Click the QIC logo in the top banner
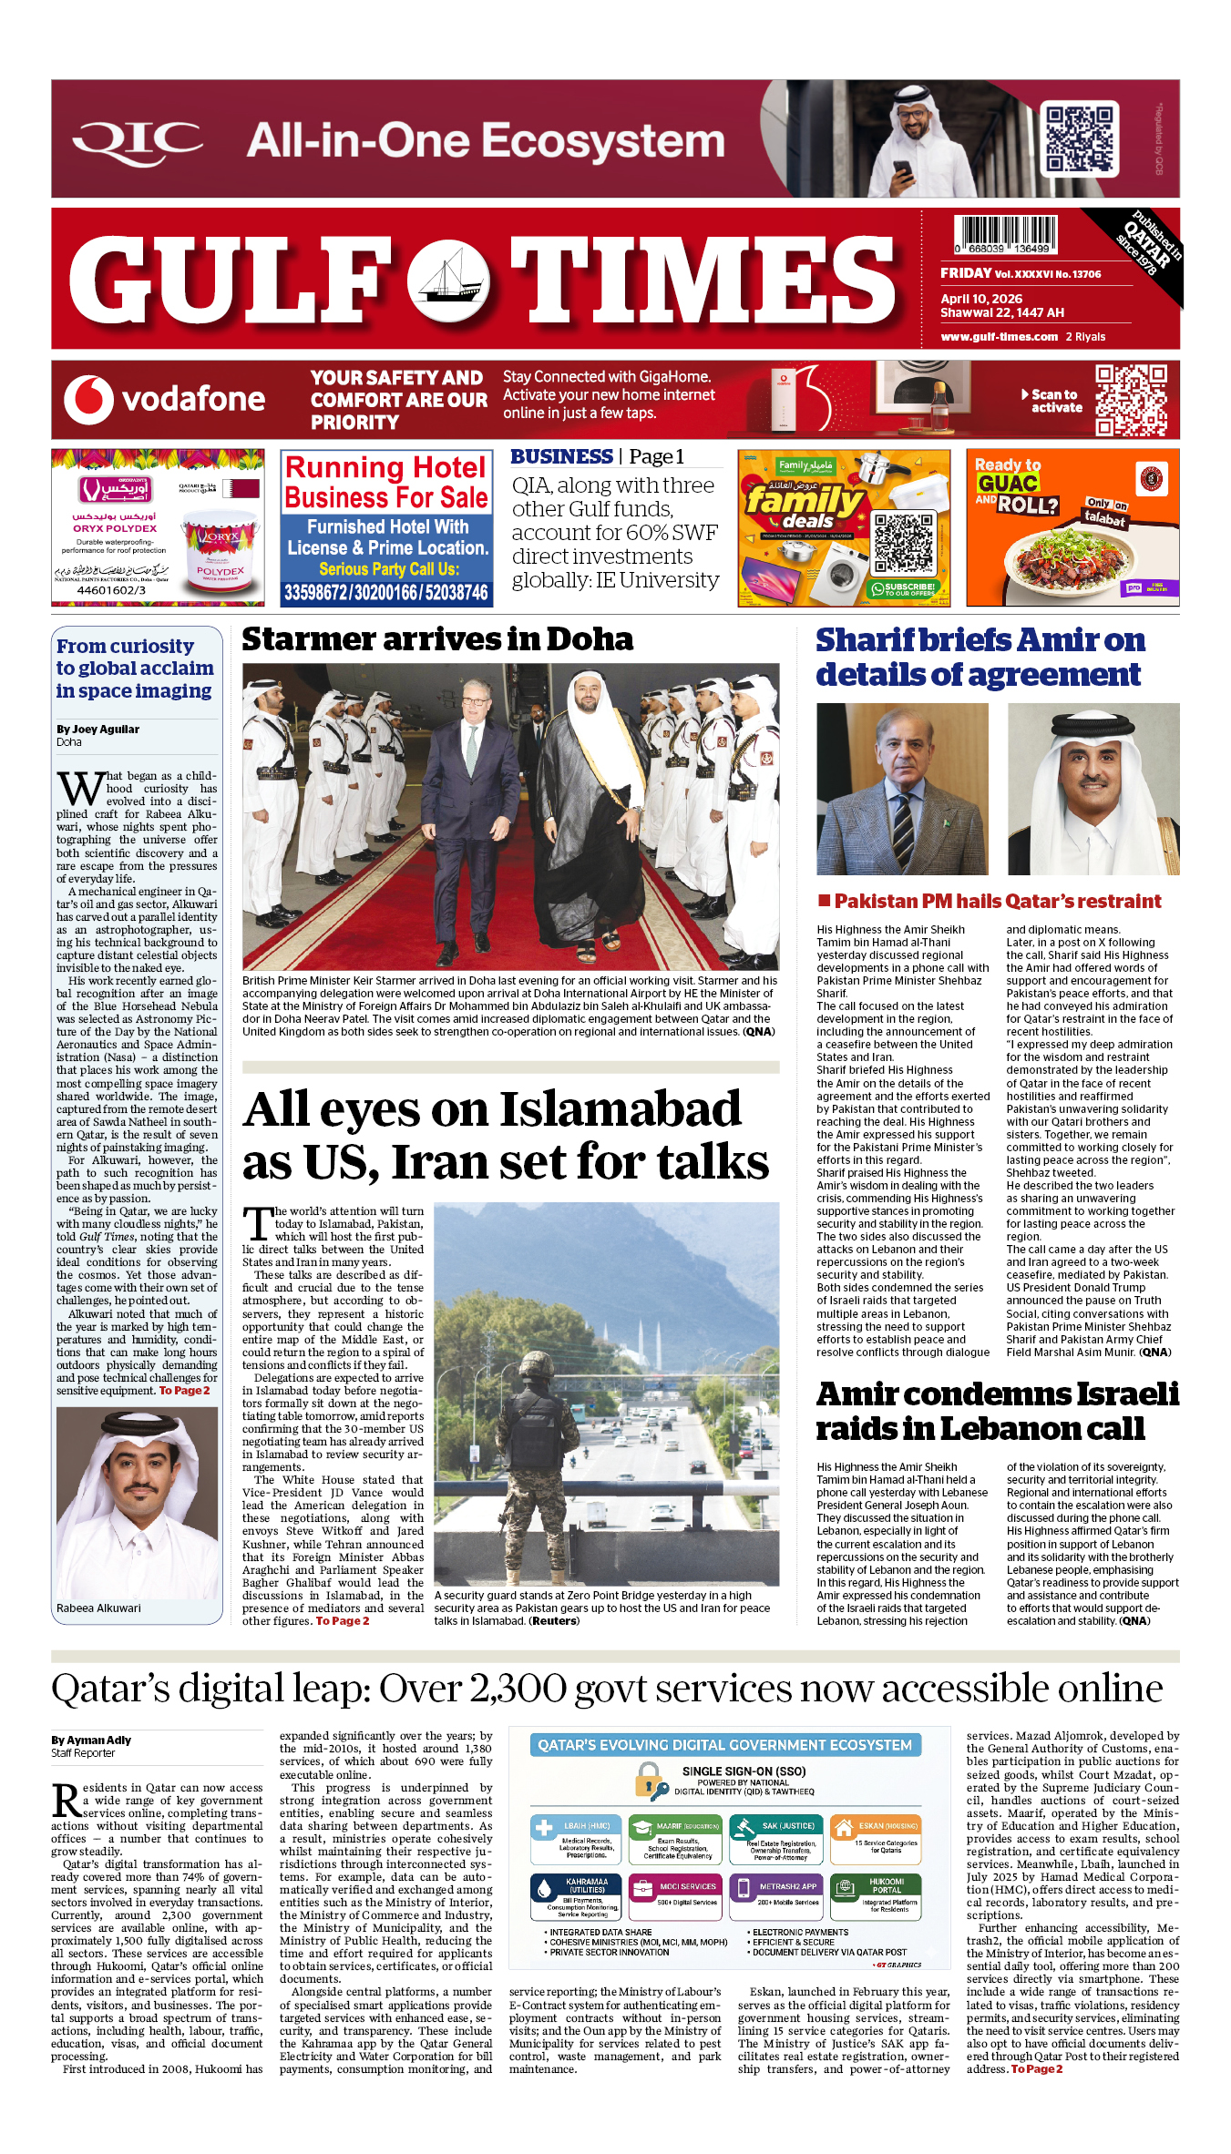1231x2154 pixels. coord(137,141)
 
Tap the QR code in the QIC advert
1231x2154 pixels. coord(1080,138)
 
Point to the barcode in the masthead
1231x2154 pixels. coord(1005,234)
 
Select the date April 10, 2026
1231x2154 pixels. coord(981,299)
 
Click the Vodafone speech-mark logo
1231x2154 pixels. coord(88,400)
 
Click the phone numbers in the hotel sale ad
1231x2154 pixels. coord(386,593)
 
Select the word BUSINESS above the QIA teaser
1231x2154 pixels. coord(561,456)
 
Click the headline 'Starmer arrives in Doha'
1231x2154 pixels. coord(437,639)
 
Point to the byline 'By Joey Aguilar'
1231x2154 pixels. coord(97,730)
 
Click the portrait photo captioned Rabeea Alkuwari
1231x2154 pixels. coord(137,1502)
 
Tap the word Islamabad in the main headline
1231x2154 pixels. coord(621,1109)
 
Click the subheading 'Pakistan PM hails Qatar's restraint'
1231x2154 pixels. coord(997,902)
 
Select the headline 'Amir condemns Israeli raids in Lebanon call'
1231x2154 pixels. coord(997,1411)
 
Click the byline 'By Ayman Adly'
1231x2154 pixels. coord(91,1741)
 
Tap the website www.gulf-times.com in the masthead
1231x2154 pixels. coord(999,337)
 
